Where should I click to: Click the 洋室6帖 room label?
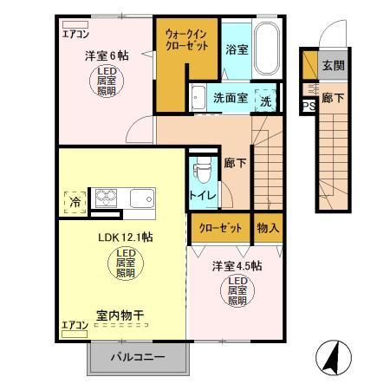pos(102,55)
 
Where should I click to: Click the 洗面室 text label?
pos(230,99)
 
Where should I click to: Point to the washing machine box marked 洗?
pos(267,99)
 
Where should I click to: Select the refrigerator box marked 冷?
pos(75,200)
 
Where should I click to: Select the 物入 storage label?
pos(268,228)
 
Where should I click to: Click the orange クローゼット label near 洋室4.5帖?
pos(220,228)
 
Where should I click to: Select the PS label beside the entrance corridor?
pos(307,107)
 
